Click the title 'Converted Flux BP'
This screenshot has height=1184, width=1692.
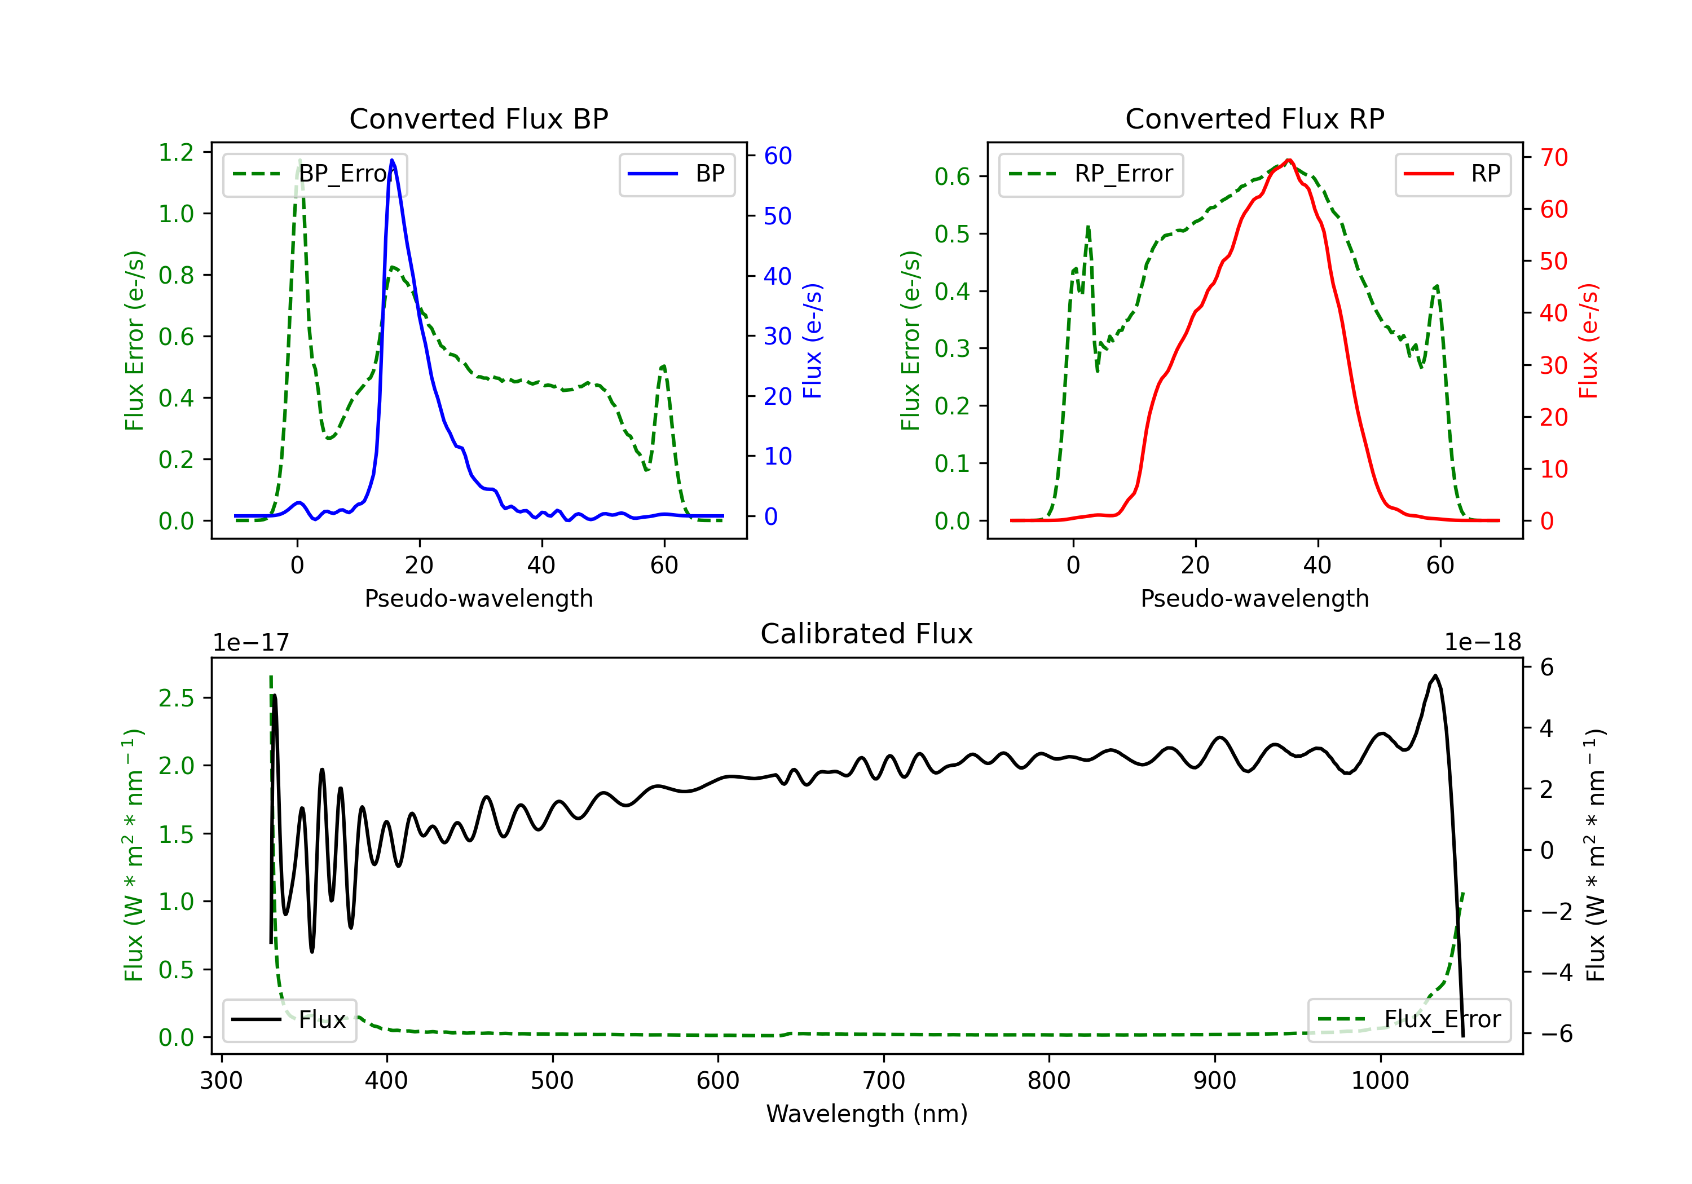tap(478, 118)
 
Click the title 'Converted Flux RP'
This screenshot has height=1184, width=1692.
tap(1254, 118)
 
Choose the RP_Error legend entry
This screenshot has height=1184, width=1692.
tap(1091, 174)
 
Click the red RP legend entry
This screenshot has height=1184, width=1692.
tap(1452, 174)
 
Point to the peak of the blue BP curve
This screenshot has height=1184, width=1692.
tap(392, 160)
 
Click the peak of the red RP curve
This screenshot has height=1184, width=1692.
tap(1288, 160)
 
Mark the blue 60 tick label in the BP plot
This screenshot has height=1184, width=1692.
tap(777, 156)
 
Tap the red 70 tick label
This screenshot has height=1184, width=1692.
tap(1553, 157)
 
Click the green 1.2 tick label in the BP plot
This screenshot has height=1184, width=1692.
tap(176, 153)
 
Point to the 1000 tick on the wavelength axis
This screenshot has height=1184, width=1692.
tap(1380, 1081)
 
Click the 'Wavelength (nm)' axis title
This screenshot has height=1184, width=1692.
tap(867, 1114)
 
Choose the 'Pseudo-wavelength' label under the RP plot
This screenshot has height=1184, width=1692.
tap(1254, 598)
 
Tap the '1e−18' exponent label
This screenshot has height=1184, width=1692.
tap(1482, 643)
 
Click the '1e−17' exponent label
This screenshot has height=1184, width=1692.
tap(250, 643)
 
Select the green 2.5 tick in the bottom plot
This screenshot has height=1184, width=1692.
tap(176, 698)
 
